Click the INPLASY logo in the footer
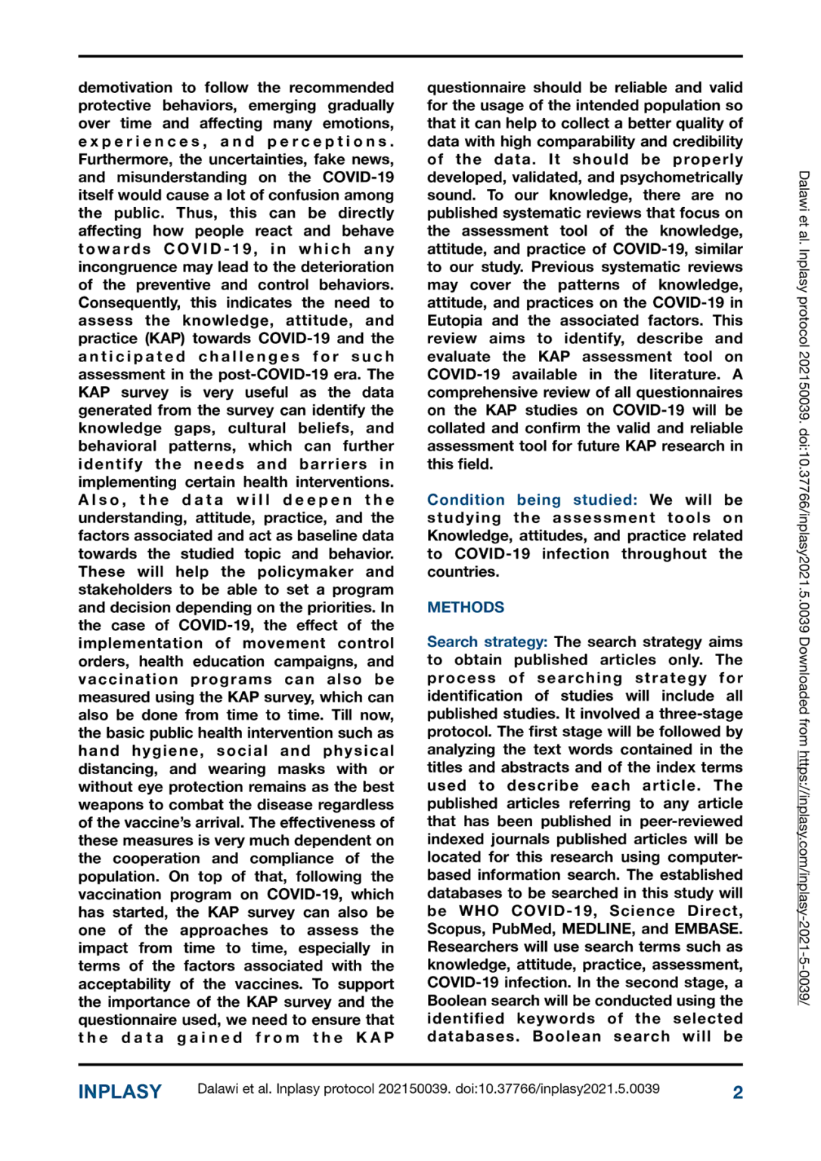[119, 1091]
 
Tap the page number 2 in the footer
[737, 1092]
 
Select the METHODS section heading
[465, 608]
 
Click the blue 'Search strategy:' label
[486, 642]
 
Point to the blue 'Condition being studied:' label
[531, 500]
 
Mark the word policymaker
[306, 572]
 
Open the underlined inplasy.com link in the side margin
[804, 876]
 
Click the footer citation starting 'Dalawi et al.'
[428, 1089]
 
